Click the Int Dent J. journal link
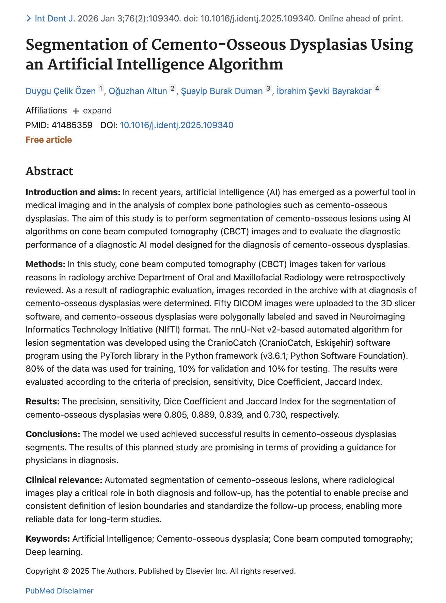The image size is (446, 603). click(54, 18)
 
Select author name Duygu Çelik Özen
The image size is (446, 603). click(61, 91)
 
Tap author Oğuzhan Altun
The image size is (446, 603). click(138, 91)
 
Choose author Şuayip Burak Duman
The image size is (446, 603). click(222, 91)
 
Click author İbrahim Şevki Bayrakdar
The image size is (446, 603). click(324, 91)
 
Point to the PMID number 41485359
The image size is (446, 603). click(72, 125)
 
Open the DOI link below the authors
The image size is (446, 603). click(176, 125)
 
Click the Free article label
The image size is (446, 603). click(49, 140)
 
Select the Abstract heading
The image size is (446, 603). click(49, 171)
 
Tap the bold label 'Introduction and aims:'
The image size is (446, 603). click(73, 192)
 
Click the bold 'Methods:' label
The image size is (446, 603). click(46, 264)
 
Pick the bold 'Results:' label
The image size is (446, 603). click(43, 401)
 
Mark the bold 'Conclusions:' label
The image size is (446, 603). click(53, 434)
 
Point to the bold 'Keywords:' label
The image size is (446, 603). click(48, 539)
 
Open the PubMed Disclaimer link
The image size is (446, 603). click(59, 591)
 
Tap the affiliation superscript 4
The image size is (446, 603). click(377, 89)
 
